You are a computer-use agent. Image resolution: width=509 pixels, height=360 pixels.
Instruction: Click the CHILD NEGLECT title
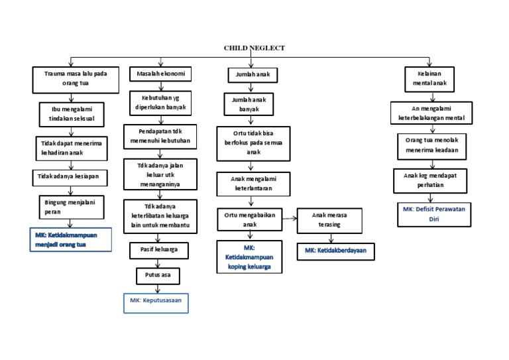coord(254,48)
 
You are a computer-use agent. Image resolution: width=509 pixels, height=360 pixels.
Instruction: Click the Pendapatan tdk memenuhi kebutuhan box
coord(160,137)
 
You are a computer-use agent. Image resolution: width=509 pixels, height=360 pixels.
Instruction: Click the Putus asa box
coord(157,274)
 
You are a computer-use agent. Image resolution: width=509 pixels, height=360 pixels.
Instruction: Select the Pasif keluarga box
coord(158,250)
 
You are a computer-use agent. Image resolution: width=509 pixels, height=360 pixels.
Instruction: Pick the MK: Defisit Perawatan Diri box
coord(435,213)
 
